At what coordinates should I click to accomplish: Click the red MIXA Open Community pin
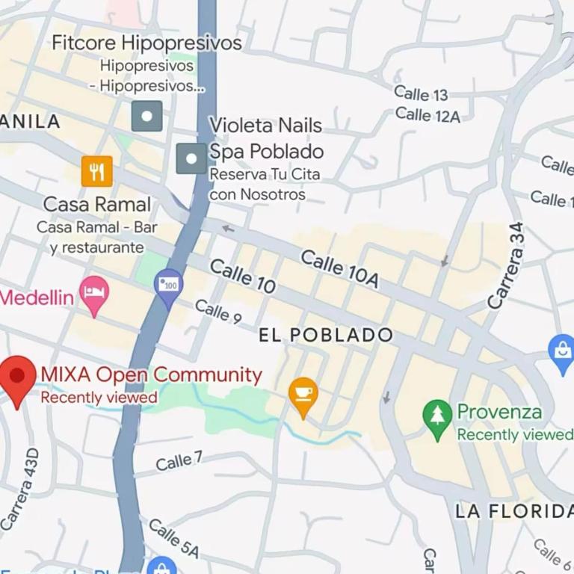coord(18,377)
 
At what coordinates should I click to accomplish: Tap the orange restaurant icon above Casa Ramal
coord(96,171)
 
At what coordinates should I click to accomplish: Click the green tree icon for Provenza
coord(437,416)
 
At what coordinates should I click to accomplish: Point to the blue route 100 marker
coord(169,286)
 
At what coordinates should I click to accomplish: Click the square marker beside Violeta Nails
coord(191,158)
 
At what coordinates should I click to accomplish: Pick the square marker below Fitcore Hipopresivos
coord(146,116)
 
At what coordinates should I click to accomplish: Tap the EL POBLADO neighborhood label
coord(326,335)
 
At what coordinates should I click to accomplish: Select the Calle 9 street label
coord(218,311)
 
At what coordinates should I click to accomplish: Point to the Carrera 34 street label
coord(507,265)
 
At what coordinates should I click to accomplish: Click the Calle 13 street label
coord(421,93)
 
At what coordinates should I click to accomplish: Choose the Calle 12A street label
coord(428,114)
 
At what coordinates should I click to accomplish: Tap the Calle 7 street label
coord(179,461)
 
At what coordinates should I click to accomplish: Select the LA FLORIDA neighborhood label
coord(514,511)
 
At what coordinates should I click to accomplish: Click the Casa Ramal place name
coord(97,204)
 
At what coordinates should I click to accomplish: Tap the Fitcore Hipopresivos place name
coord(146,43)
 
